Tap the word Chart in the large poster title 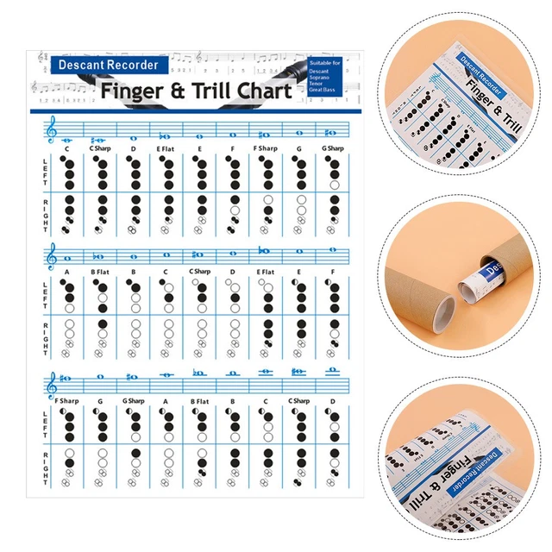(258, 90)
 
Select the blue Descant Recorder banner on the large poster (108, 64)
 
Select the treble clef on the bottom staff (52, 382)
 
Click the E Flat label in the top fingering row (166, 149)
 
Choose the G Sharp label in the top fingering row (332, 149)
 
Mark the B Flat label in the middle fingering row (99, 273)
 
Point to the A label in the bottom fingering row (166, 401)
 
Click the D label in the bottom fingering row (332, 401)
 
